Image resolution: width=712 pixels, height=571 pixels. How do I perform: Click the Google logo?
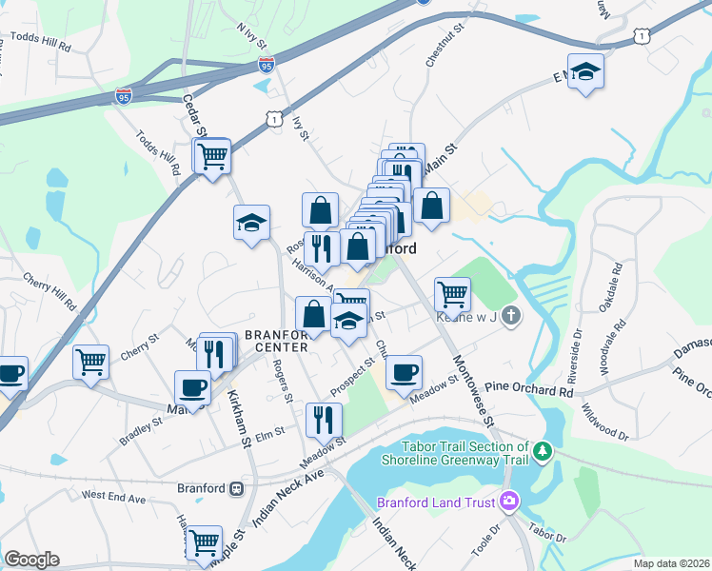pos(31,559)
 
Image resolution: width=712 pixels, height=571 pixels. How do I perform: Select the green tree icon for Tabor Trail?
pos(543,449)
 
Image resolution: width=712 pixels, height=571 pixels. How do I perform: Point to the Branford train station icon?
pos(235,488)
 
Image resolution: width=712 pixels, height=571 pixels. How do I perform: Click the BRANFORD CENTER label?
pos(276,341)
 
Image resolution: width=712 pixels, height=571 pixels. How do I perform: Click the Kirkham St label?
pos(234,424)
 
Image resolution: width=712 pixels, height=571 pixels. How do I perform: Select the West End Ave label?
pos(113,496)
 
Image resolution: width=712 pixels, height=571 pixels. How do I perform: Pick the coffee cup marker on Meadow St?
pos(404,371)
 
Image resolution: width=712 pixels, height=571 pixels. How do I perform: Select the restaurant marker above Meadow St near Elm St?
pos(324,418)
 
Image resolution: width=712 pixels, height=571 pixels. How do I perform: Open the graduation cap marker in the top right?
pos(586,72)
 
